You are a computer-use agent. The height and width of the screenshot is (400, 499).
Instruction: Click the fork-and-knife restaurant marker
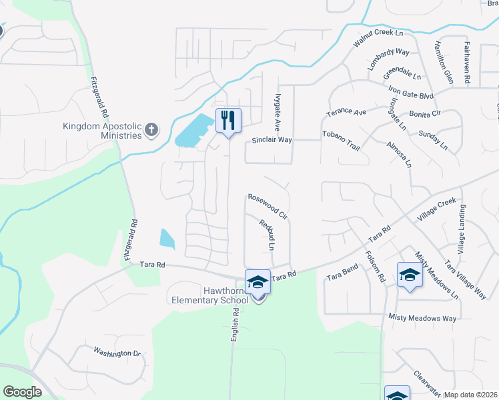[228, 121]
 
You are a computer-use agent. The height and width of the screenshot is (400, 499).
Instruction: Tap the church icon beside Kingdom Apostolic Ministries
[151, 129]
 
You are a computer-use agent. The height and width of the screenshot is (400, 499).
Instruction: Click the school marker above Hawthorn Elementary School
[258, 283]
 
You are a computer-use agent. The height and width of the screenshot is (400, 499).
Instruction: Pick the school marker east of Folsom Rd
[410, 274]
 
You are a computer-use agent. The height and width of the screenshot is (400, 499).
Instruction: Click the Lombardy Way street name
[388, 60]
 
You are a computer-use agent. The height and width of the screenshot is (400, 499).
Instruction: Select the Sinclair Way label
[272, 140]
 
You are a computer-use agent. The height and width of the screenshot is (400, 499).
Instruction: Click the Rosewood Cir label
[267, 207]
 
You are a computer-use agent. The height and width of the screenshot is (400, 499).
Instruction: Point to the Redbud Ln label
[267, 235]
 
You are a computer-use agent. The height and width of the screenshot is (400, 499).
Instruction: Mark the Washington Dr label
[117, 351]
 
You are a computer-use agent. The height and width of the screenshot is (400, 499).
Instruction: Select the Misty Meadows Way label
[423, 318]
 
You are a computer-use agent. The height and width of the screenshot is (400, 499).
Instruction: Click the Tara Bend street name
[342, 271]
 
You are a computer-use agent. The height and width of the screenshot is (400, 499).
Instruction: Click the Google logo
[22, 392]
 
